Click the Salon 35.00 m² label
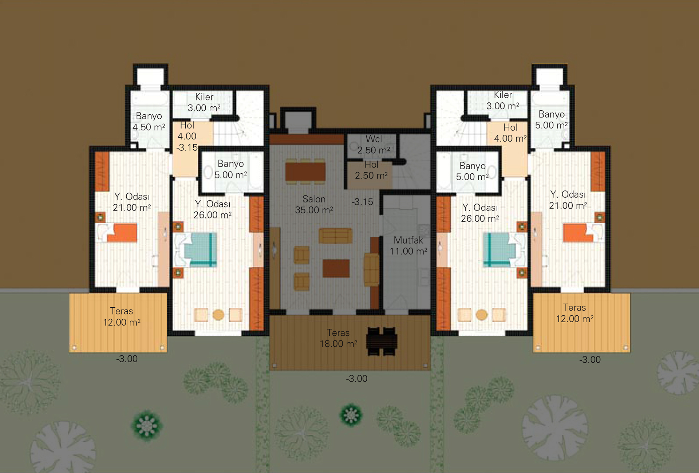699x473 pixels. [314, 205]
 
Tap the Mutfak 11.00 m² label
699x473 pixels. [408, 246]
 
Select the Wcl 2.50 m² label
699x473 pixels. [374, 145]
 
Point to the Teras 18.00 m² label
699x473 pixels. [338, 338]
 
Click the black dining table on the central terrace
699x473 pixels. [382, 342]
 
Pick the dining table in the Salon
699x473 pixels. [305, 172]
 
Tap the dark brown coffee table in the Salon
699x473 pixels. [336, 268]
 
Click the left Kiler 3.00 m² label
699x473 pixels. [204, 102]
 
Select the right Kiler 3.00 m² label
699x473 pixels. [503, 100]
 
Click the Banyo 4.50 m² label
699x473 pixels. [149, 122]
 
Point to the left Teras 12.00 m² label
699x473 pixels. [122, 317]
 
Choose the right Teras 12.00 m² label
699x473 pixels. [574, 313]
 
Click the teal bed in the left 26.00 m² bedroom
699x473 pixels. [196, 250]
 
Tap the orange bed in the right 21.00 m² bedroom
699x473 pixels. [584, 233]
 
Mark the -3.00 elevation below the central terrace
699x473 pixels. [356, 379]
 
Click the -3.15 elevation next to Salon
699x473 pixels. [362, 202]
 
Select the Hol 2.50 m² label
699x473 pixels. [371, 170]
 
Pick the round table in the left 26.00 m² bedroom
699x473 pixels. [218, 315]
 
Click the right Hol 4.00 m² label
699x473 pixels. [510, 133]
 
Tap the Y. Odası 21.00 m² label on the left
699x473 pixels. [131, 202]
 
